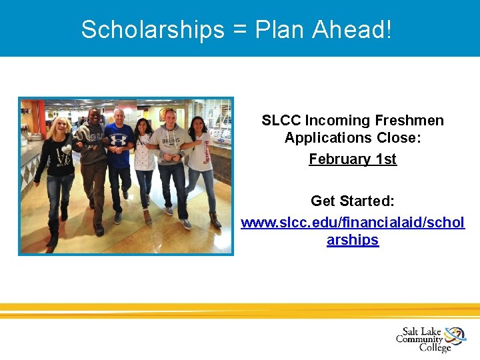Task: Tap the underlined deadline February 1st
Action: point(353,159)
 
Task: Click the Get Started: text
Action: point(353,200)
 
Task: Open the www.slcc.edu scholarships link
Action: point(353,223)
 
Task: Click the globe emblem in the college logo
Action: point(455,335)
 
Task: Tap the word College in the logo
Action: point(435,347)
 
